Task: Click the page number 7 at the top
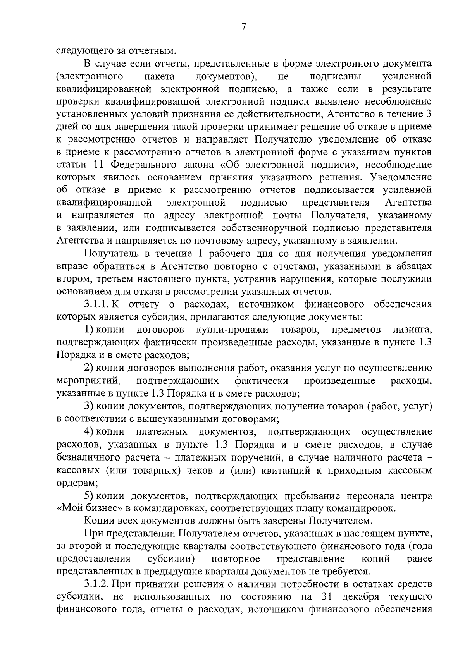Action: coord(244,26)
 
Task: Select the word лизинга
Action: coord(412,330)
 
